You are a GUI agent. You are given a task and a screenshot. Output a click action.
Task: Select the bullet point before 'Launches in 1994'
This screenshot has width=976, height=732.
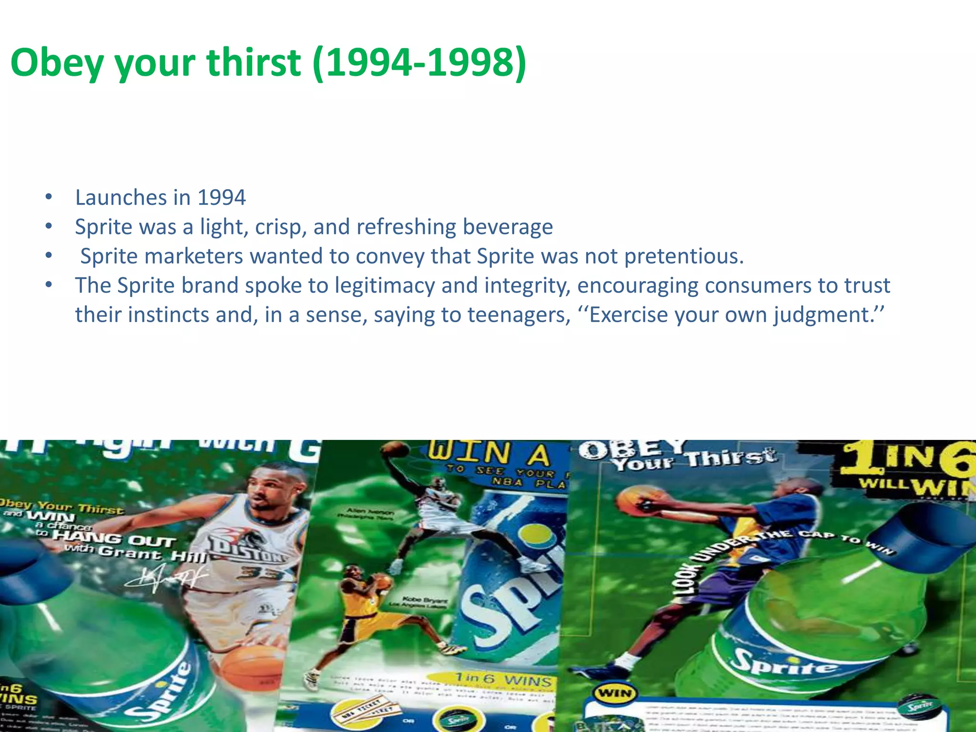(49, 197)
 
